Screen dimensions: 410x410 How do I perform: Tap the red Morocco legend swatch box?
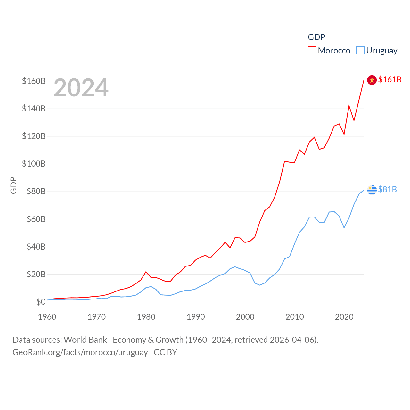coord(312,51)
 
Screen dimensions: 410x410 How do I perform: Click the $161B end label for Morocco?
coord(389,79)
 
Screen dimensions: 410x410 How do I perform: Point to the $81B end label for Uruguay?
coord(387,189)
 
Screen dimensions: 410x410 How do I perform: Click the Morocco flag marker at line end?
coord(372,80)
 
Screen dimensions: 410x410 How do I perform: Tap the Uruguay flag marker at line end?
coord(372,190)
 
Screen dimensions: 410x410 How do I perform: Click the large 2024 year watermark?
coord(81,88)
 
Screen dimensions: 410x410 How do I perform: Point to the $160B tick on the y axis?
coord(34,81)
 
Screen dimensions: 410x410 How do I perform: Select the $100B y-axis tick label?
coord(34,164)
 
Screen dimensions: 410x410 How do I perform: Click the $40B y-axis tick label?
coord(36,247)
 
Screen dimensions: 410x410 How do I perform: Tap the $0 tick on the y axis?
coord(41,302)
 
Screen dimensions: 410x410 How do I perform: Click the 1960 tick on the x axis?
coord(47,317)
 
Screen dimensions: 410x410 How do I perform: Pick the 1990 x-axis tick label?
coord(196,317)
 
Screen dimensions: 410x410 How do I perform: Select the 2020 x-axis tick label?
coord(344,317)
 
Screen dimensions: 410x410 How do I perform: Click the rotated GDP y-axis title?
coord(13,185)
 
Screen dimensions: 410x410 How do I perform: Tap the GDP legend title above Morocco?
coord(316,37)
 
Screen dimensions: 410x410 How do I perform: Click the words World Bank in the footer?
coord(85,340)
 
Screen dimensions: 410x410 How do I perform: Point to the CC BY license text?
coord(165,352)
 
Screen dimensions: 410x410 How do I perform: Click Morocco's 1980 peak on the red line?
coord(146,272)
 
